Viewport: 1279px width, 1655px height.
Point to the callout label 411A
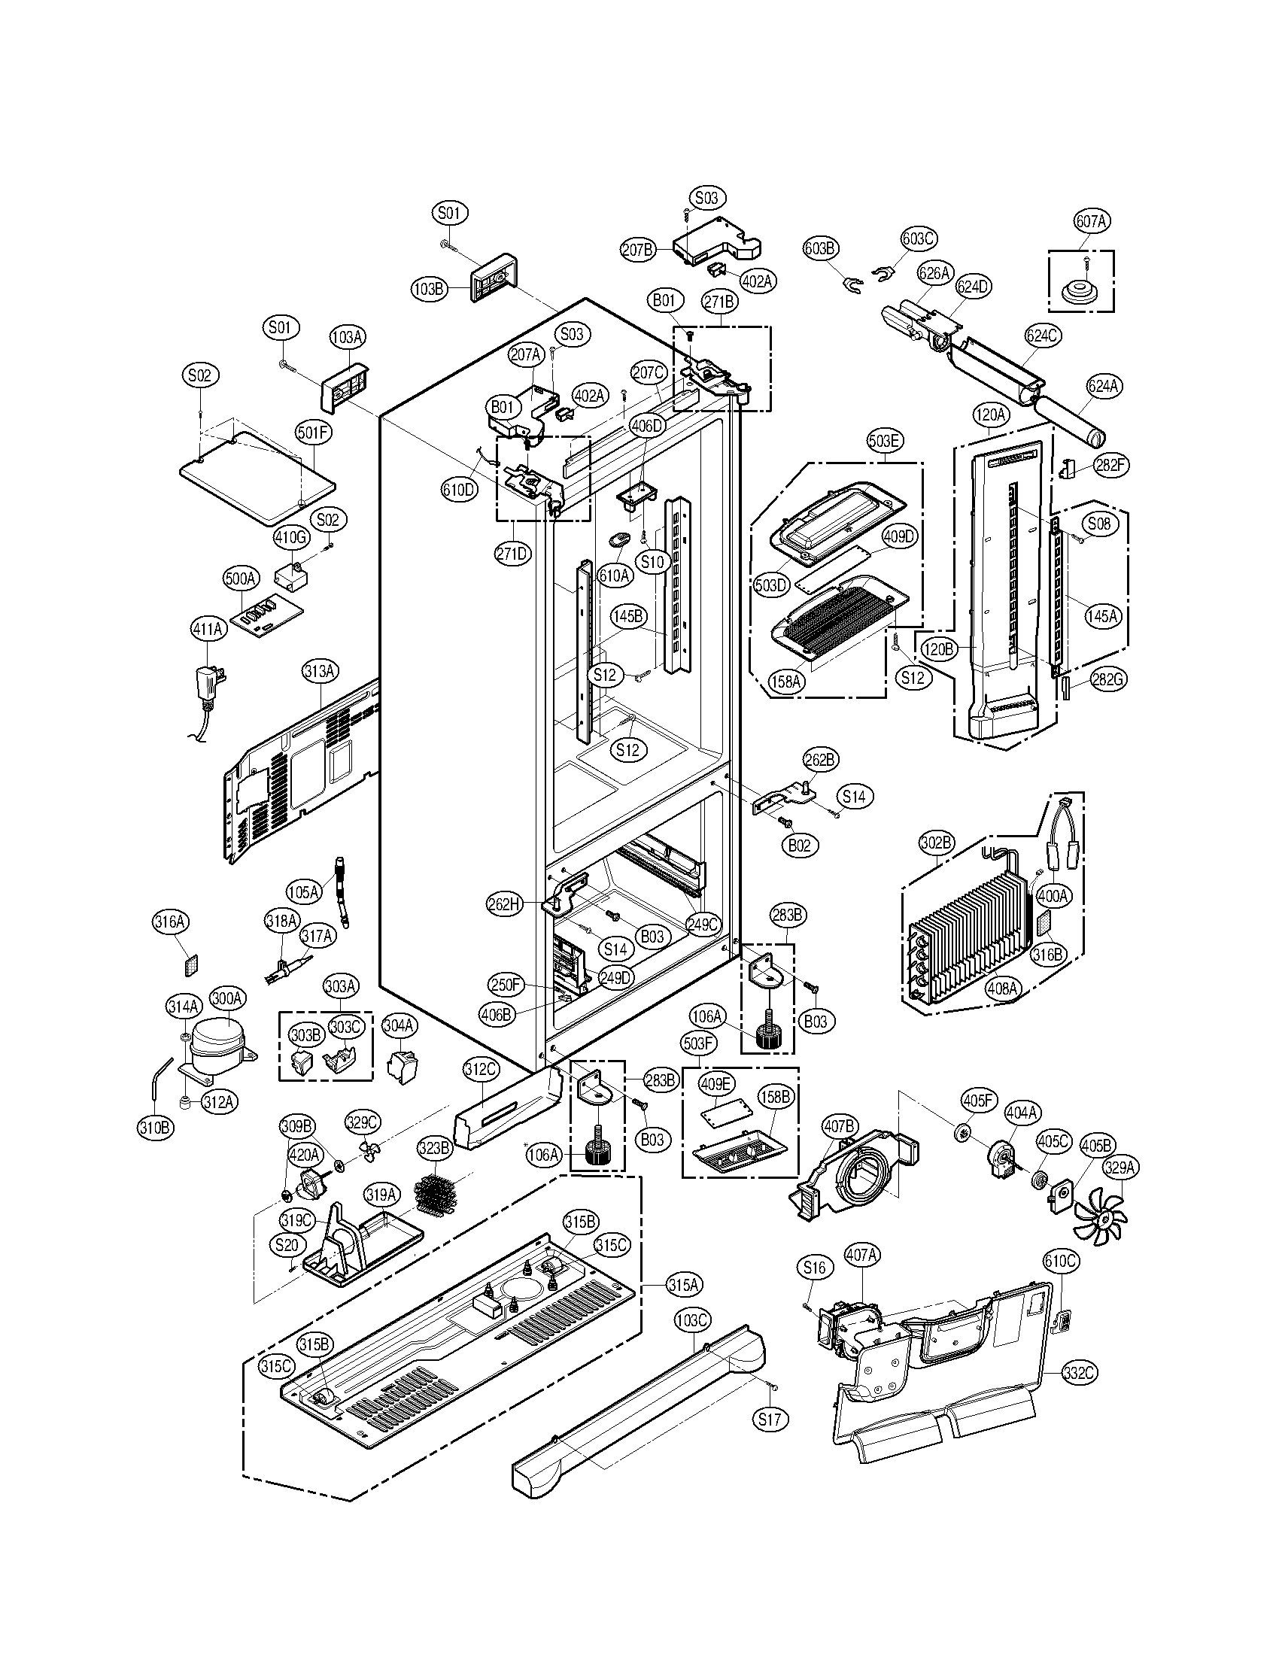pos(208,628)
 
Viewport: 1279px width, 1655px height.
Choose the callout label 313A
pos(320,670)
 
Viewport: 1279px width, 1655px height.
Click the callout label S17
pos(769,1419)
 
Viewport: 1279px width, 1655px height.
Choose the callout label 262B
pos(821,759)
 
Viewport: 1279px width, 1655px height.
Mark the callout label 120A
pos(990,415)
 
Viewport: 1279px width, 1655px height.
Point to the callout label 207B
pos(638,250)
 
